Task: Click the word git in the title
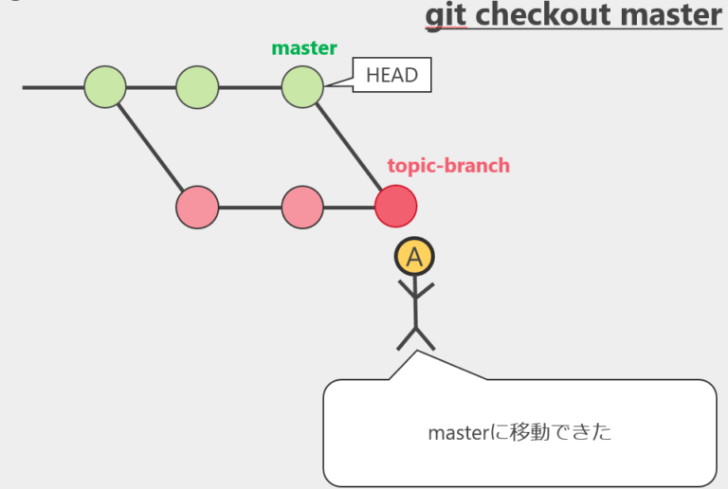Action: coord(446,16)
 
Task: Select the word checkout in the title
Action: coord(543,14)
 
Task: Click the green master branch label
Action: coord(304,47)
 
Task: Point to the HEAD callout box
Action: coord(391,75)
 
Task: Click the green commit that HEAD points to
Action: coord(302,87)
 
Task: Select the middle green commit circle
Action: coord(197,87)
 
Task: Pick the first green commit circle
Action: coord(105,87)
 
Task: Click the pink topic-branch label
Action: coord(448,166)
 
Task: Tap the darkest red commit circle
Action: coord(395,207)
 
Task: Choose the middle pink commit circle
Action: coord(302,208)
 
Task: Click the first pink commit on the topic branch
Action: coord(197,208)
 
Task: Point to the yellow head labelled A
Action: coord(414,257)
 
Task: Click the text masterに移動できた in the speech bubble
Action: coord(519,432)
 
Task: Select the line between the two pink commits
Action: coord(250,208)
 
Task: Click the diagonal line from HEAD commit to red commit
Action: coord(349,148)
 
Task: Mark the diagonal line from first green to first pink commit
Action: coord(151,148)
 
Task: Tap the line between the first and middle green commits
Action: coord(151,87)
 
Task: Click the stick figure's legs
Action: coord(415,338)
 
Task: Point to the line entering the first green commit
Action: coord(53,87)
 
